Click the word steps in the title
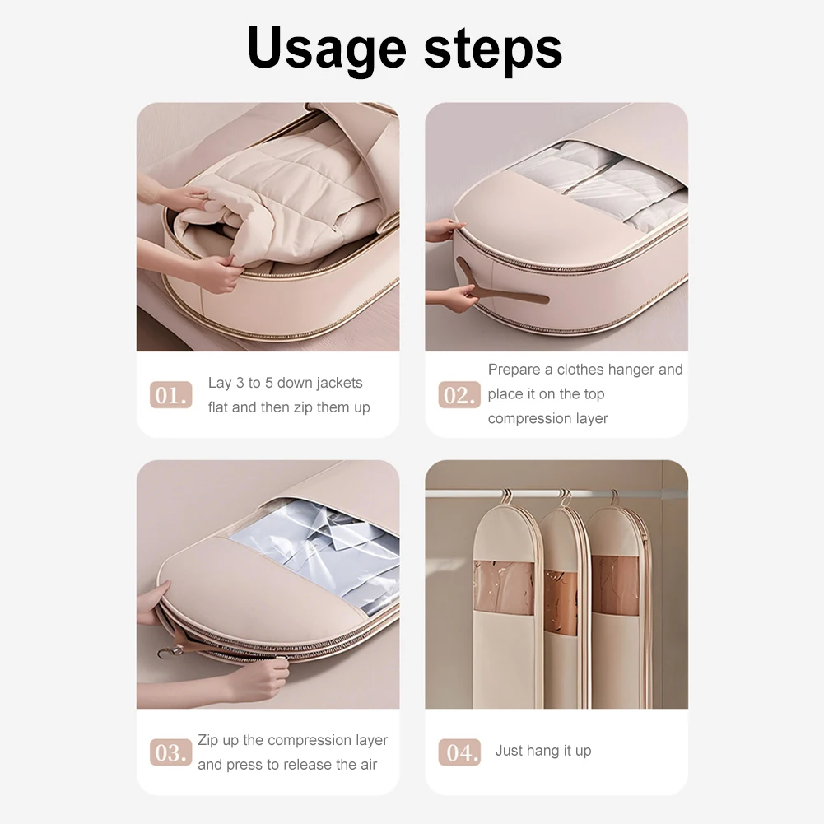[x=493, y=49]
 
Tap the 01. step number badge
[x=170, y=395]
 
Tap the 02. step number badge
[x=459, y=395]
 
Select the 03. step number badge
[x=170, y=752]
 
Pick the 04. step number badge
[x=459, y=752]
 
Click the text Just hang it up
[x=543, y=751]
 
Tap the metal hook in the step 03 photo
[x=168, y=653]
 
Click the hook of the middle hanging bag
[x=565, y=497]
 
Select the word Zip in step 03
[x=208, y=740]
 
